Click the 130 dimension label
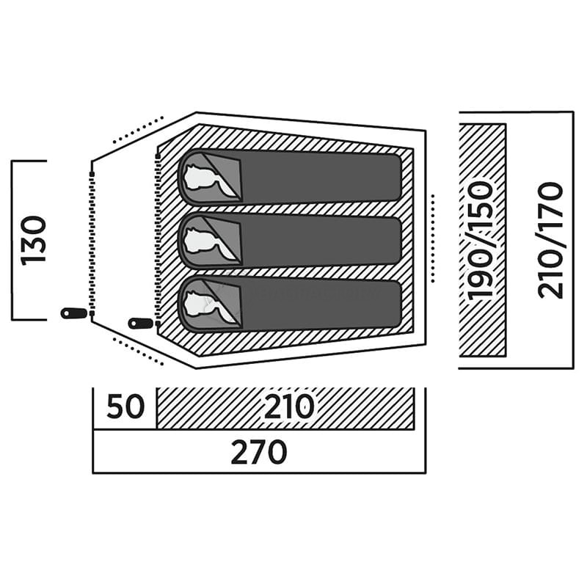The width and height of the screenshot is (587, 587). (34, 240)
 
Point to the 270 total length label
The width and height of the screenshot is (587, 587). (258, 453)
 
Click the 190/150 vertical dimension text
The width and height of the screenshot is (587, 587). (481, 240)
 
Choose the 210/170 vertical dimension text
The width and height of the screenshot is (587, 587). (550, 240)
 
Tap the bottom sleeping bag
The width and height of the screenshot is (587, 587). (316, 303)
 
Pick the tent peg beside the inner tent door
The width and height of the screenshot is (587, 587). (139, 323)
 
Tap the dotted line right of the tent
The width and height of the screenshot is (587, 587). (434, 238)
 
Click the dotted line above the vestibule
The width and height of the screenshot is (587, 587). (137, 129)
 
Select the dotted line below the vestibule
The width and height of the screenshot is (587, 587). (138, 351)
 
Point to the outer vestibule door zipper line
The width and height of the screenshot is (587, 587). (91, 242)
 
